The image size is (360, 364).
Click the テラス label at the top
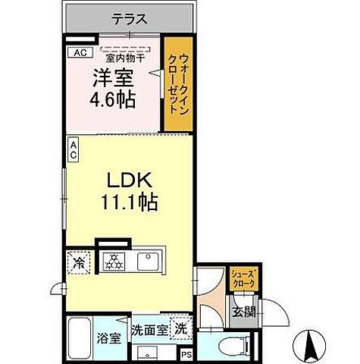[129, 19]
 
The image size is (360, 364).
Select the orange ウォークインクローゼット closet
[179, 83]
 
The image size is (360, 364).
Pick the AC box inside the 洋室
[78, 52]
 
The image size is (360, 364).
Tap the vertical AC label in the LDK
[74, 151]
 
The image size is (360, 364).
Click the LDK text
[130, 181]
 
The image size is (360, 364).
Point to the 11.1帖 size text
[130, 203]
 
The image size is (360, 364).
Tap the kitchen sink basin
[148, 263]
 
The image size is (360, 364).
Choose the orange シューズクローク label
[243, 279]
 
